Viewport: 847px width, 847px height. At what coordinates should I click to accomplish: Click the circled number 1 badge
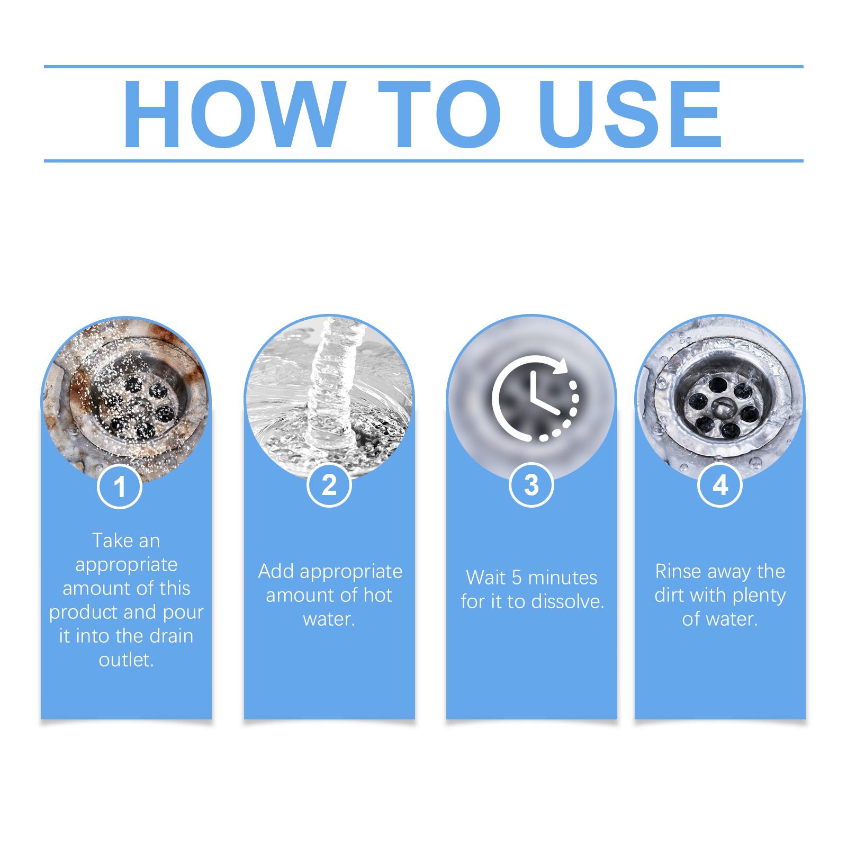click(x=120, y=485)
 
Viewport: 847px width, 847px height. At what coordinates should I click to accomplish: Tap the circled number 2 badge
click(x=329, y=485)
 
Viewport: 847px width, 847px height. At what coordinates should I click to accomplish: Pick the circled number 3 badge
click(x=531, y=485)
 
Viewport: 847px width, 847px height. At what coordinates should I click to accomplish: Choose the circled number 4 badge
click(x=720, y=485)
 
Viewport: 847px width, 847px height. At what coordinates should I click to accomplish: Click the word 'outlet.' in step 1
click(x=126, y=660)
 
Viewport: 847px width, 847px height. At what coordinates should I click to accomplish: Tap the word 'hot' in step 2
click(x=377, y=595)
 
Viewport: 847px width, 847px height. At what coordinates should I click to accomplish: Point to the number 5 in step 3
click(x=517, y=578)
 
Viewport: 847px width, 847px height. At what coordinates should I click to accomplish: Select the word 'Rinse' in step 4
click(x=678, y=571)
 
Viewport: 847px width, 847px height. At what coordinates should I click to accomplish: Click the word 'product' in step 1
click(x=84, y=613)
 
